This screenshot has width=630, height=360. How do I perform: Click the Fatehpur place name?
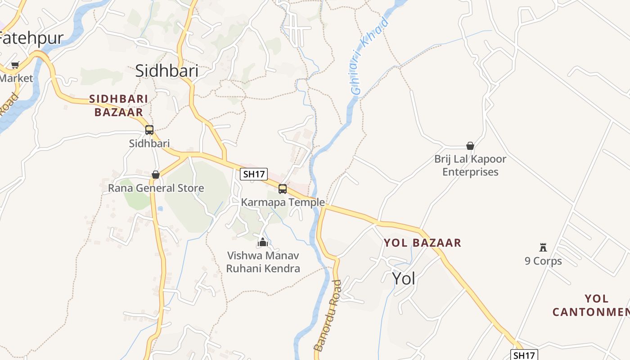[31, 38]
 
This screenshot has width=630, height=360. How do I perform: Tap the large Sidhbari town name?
[166, 71]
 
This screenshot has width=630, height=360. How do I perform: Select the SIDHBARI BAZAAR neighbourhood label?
[118, 105]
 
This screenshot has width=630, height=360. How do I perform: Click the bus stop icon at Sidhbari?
[149, 130]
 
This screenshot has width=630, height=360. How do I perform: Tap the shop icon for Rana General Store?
[156, 175]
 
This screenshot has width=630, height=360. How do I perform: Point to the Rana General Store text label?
[156, 188]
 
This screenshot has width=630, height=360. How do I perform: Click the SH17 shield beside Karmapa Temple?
[254, 174]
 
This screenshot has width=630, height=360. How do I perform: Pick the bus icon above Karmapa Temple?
[283, 189]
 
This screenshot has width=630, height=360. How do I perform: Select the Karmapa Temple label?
[283, 202]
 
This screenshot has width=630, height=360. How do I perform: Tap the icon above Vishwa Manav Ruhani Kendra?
[263, 243]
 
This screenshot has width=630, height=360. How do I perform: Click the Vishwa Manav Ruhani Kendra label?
[263, 262]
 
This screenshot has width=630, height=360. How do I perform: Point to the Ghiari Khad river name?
[369, 56]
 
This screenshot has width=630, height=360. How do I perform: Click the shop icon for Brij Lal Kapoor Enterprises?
[470, 146]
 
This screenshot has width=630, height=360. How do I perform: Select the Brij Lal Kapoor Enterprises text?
[470, 165]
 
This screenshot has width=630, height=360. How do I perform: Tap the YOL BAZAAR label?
[423, 243]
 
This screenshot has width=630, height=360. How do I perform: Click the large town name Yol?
[404, 279]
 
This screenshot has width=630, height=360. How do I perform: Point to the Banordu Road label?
[327, 315]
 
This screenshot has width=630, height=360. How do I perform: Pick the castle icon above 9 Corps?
[543, 247]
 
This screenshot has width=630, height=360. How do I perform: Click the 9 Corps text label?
[543, 261]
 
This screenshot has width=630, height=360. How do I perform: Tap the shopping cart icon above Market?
[15, 65]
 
